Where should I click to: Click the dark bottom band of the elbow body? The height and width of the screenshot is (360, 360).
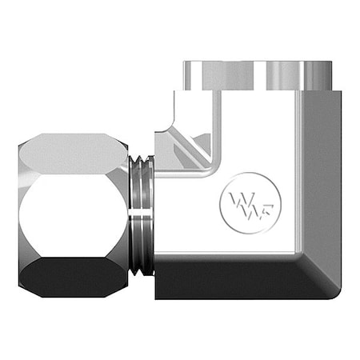coord(232,280)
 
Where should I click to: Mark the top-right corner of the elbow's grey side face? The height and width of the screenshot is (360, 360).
coord(339,93)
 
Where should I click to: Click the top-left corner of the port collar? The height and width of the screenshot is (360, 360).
coord(183,63)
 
